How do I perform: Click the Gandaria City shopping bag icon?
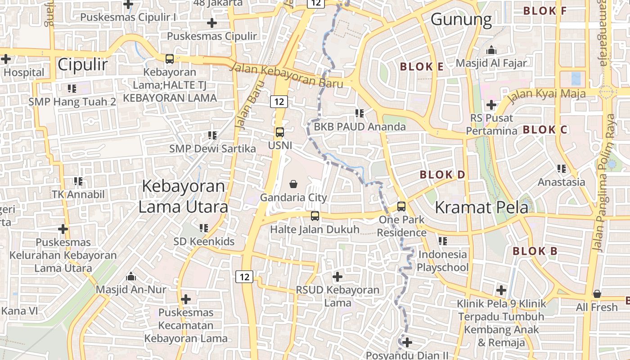pyautogui.click(x=293, y=184)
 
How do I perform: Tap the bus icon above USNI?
pyautogui.click(x=279, y=132)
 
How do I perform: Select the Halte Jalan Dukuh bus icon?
pyautogui.click(x=315, y=216)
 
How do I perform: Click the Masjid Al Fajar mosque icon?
pyautogui.click(x=491, y=49)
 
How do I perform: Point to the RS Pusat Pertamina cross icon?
pyautogui.click(x=491, y=105)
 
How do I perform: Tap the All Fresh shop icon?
pyautogui.click(x=597, y=294)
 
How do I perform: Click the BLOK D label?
pyautogui.click(x=442, y=175)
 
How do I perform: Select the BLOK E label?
pyautogui.click(x=422, y=67)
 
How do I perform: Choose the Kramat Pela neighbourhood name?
pyautogui.click(x=481, y=207)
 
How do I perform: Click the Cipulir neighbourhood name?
pyautogui.click(x=83, y=65)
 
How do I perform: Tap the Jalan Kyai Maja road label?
pyautogui.click(x=547, y=95)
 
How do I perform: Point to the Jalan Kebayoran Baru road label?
pyautogui.click(x=286, y=76)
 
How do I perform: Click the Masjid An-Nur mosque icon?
pyautogui.click(x=131, y=276)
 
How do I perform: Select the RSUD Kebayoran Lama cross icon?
pyautogui.click(x=337, y=276)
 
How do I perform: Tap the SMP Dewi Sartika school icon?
pyautogui.click(x=212, y=135)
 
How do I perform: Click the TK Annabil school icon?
pyautogui.click(x=78, y=181)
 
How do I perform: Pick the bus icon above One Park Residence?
pyautogui.click(x=401, y=207)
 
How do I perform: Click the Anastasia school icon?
pyautogui.click(x=561, y=169)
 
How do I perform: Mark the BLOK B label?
pyautogui.click(x=535, y=251)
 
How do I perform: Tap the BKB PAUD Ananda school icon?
pyautogui.click(x=359, y=113)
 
